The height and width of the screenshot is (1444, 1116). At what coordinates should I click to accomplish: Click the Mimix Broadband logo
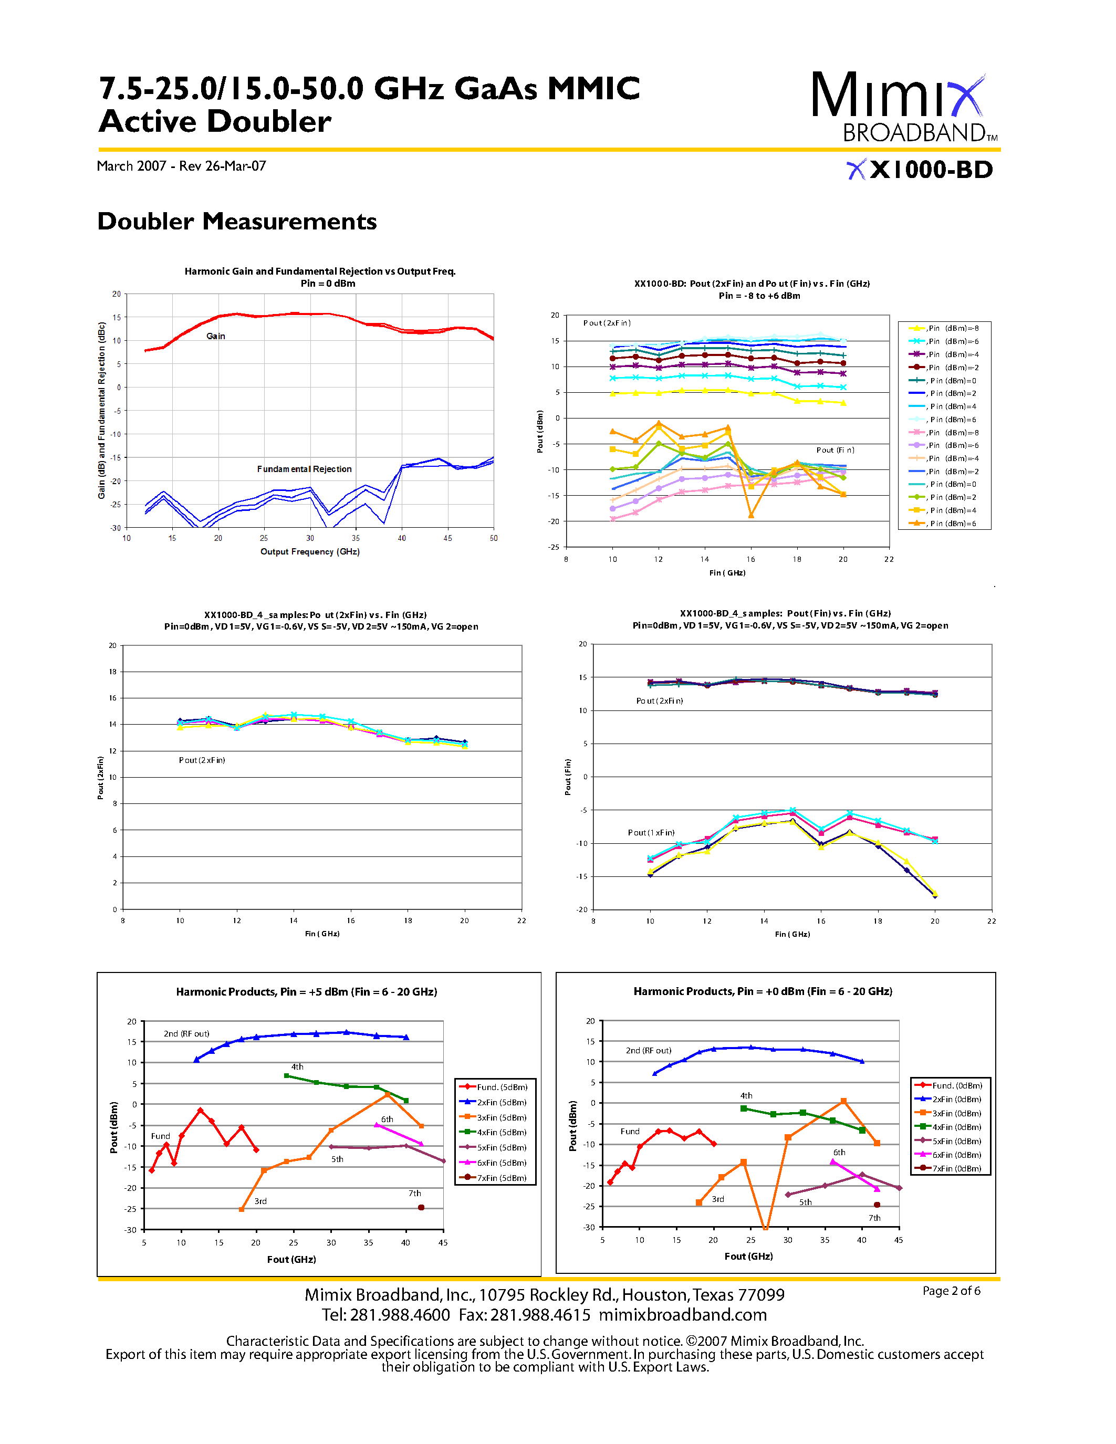(x=903, y=107)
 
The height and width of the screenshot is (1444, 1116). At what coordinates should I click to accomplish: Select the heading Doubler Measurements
(x=237, y=222)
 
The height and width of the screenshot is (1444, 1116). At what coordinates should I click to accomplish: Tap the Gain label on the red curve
(x=215, y=337)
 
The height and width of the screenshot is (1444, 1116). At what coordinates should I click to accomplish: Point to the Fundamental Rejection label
(x=304, y=469)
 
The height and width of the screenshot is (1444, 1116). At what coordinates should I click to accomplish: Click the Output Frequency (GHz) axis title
(x=309, y=551)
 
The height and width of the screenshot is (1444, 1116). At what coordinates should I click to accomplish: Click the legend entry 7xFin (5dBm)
(x=501, y=1178)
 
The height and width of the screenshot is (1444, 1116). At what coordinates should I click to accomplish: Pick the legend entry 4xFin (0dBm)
(x=956, y=1127)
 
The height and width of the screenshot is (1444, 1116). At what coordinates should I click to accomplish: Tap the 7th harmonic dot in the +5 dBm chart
(x=421, y=1207)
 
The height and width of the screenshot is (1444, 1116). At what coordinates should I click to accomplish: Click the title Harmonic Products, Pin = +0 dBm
(x=762, y=991)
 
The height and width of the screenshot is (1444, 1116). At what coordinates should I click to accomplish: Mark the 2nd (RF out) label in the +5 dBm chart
(x=186, y=1033)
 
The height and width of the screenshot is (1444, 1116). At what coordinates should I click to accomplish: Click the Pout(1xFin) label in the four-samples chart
(x=651, y=832)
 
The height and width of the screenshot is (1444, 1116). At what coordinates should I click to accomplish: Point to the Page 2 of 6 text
(x=951, y=1291)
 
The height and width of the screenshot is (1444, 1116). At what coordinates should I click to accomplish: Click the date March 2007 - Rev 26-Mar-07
(x=181, y=166)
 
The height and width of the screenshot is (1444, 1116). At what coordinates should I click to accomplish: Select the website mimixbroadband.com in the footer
(x=682, y=1315)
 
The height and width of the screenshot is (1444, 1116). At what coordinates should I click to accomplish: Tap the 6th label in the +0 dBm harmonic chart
(x=839, y=1153)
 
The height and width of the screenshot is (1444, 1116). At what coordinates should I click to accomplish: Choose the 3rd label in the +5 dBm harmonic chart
(x=260, y=1201)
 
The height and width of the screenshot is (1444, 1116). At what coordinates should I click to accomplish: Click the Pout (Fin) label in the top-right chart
(x=835, y=450)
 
